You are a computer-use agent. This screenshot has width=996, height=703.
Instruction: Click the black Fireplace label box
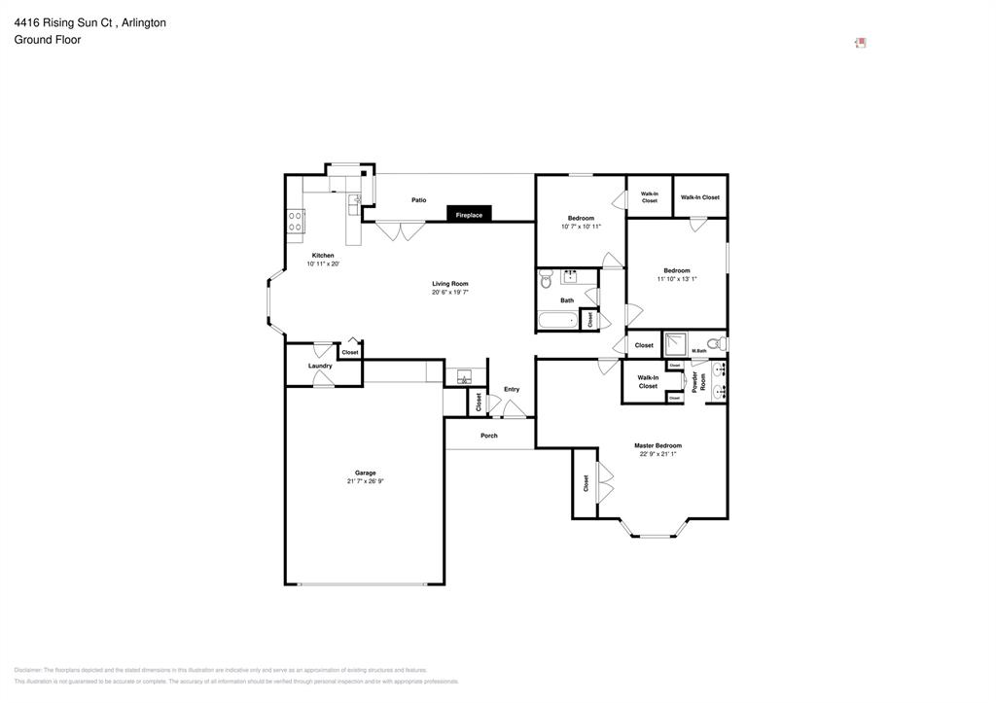click(x=470, y=214)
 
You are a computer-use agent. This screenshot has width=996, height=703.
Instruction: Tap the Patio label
click(x=418, y=200)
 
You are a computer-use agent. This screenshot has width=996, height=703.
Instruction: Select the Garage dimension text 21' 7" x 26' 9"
click(x=365, y=481)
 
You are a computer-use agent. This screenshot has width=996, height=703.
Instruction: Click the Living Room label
click(x=450, y=284)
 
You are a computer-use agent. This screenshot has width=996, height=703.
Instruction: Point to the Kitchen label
click(x=323, y=256)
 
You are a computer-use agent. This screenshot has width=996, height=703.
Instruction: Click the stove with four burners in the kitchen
click(x=295, y=221)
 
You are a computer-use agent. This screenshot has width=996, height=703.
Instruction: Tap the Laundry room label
click(x=320, y=366)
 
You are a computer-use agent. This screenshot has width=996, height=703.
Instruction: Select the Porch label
click(x=489, y=436)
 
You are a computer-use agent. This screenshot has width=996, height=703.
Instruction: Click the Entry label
click(x=512, y=389)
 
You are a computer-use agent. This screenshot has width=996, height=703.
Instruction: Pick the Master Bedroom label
click(x=658, y=445)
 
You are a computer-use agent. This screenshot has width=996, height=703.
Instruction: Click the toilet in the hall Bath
click(x=545, y=278)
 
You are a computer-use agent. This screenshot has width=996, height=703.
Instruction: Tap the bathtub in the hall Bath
click(x=557, y=320)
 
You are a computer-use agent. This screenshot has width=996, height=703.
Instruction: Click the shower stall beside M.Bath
click(x=675, y=343)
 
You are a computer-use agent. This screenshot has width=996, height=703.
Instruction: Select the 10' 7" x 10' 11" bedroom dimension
click(x=581, y=227)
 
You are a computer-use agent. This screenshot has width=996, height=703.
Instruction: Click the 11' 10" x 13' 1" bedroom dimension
click(x=677, y=279)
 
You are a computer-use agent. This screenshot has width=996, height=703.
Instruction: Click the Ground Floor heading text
click(x=48, y=40)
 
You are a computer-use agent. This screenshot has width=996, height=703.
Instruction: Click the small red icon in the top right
click(x=860, y=43)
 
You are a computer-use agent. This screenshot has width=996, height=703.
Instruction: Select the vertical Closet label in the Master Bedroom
click(x=586, y=483)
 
